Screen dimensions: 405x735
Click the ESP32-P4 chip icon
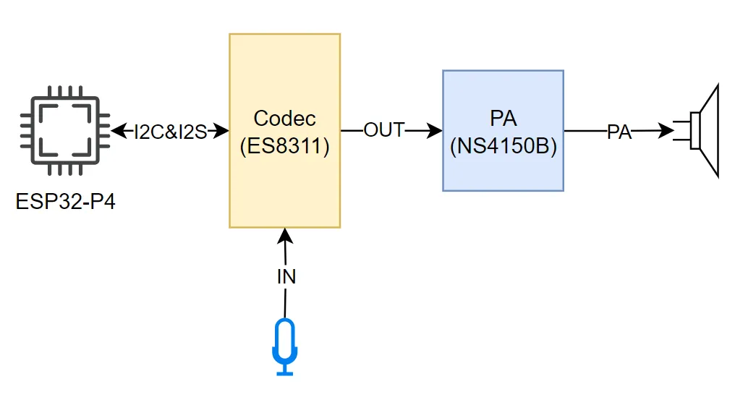pos(65,131)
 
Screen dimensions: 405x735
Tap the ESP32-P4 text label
pos(65,201)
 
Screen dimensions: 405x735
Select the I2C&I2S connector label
pos(171,132)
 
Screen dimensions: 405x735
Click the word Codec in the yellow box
pos(285,119)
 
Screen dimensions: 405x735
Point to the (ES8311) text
pos(285,147)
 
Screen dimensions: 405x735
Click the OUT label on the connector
pos(383,131)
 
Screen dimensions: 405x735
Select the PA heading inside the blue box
pos(503,119)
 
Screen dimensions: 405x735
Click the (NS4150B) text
pos(503,147)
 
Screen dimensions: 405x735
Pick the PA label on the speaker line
pos(619,132)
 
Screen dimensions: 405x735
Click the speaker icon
pos(700,131)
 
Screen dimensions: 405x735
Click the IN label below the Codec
pos(286,276)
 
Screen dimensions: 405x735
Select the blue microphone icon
pos(285,346)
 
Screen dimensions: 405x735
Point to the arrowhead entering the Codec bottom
pos(285,236)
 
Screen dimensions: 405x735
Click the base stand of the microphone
pos(285,372)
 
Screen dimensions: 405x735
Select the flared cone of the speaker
pos(709,131)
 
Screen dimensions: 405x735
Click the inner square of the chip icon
pos(65,131)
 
